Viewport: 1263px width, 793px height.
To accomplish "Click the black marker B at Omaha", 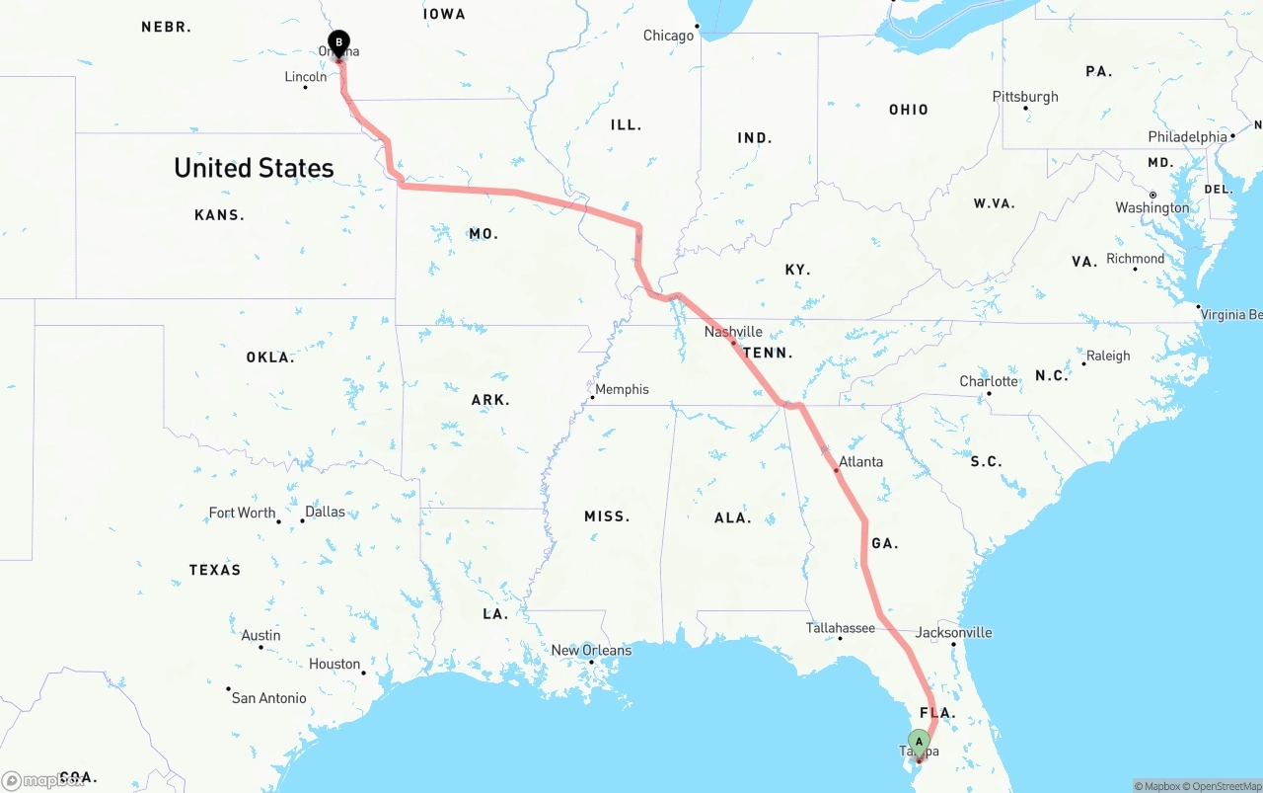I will (x=338, y=42).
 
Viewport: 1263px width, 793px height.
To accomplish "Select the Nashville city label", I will (x=733, y=332).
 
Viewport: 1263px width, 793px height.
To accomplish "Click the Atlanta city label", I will (x=860, y=461).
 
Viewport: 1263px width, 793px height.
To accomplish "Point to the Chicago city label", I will (x=668, y=36).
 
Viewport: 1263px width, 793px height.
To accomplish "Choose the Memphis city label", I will (x=622, y=389).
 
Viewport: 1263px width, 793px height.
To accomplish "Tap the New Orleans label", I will (x=591, y=650).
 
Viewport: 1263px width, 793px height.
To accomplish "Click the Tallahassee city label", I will (x=840, y=628).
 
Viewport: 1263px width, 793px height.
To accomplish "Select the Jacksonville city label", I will (x=953, y=632).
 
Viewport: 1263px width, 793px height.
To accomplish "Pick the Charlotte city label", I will (x=988, y=381).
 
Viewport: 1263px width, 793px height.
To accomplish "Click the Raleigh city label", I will (x=1108, y=356).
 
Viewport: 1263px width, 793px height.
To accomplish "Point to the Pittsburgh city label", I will (x=1025, y=97).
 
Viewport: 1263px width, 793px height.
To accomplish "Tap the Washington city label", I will (x=1152, y=207).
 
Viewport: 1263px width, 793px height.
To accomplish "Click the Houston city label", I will (x=334, y=664).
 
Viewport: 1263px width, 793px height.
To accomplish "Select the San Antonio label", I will (x=268, y=698).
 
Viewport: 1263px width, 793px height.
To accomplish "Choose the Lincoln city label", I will (x=305, y=77).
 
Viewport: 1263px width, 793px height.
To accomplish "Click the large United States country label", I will (x=254, y=168).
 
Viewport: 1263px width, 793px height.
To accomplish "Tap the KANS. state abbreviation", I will (x=219, y=215).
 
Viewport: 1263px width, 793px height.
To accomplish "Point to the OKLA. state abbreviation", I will (x=270, y=357).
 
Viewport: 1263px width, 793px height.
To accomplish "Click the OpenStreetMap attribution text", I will (x=1223, y=786).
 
